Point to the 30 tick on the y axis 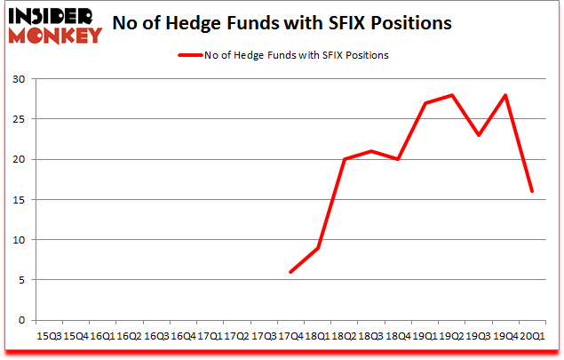point(18,79)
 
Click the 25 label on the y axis point(18,119)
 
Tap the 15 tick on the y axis point(18,200)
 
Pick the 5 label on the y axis point(20,280)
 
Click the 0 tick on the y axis point(20,320)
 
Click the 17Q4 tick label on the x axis point(290,336)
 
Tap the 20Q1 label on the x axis point(533,336)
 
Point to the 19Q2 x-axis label point(452,336)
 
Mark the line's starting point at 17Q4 point(290,272)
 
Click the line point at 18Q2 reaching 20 point(345,160)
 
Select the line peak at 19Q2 point(452,95)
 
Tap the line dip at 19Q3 point(479,135)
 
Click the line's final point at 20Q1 point(533,191)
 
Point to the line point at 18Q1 point(317,248)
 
